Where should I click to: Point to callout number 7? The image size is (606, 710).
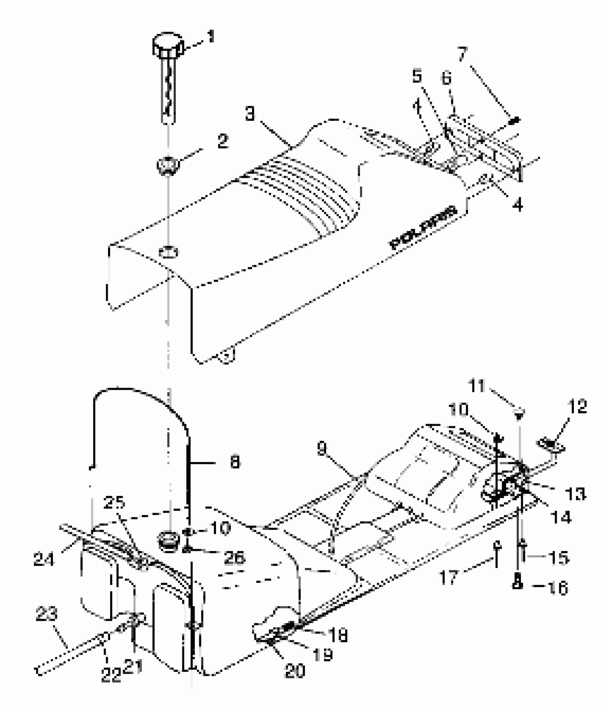click(462, 53)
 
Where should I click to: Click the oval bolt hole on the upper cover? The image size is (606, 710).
click(168, 252)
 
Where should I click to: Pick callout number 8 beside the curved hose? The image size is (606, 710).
click(235, 463)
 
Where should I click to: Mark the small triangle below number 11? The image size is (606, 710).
click(519, 414)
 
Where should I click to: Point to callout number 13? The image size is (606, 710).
click(575, 494)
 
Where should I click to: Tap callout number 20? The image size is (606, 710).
click(295, 671)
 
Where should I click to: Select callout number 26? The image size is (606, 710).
click(234, 557)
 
